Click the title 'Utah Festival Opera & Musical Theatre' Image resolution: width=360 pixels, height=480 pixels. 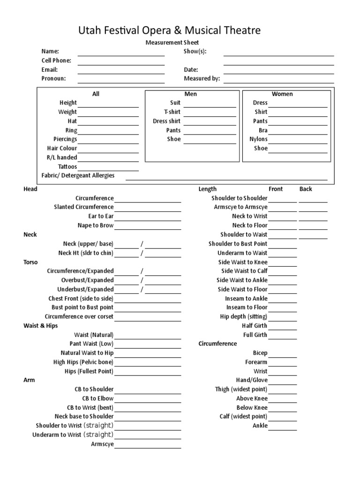pos(169,31)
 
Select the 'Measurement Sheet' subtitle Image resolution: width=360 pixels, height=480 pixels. pos(173,43)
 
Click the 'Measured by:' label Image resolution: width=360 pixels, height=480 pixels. pos(202,79)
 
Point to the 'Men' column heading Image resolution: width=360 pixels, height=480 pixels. pos(191,94)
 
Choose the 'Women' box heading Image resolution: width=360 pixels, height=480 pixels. pos(282,94)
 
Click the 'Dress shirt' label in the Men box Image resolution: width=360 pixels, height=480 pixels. pos(166,121)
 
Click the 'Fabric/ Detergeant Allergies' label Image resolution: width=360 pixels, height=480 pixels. pos(78,176)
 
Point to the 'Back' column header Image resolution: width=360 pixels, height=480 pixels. pos(306,189)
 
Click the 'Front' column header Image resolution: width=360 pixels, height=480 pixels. pos(276,189)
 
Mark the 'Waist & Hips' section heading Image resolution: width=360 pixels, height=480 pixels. pos(41,326)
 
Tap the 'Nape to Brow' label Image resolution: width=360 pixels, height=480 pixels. pos(96,225)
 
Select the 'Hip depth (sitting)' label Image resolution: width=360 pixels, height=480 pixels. pos(244,317)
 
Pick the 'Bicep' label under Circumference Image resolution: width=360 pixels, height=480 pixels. pos(260,353)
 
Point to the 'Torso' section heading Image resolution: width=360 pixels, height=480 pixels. pos(30,262)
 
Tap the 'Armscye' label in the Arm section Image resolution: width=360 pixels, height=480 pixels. pos(102,444)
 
